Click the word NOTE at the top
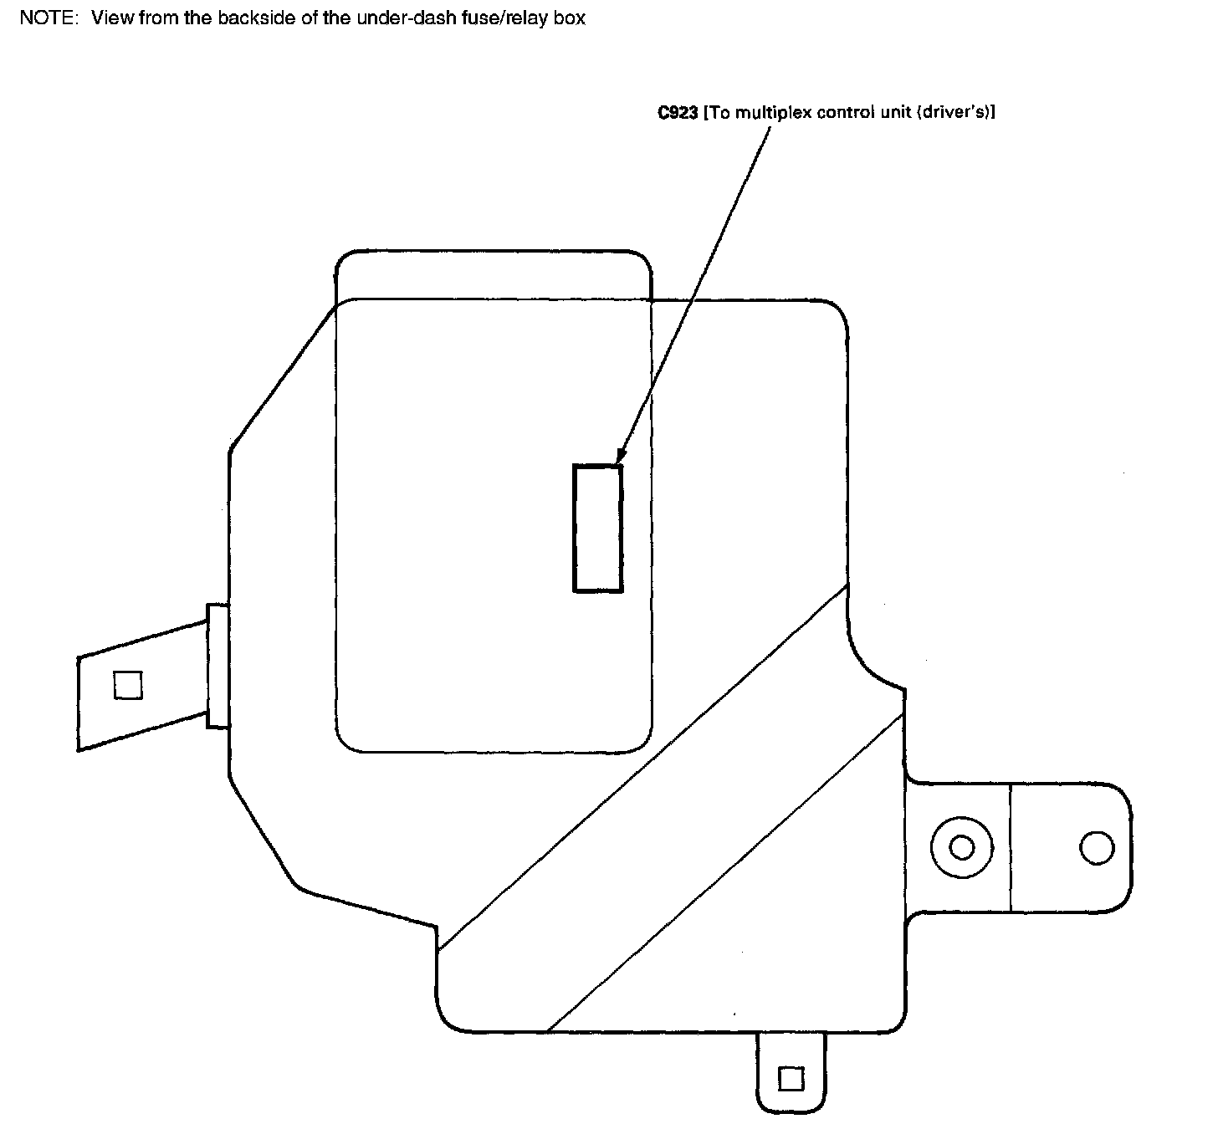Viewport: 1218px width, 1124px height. click(47, 18)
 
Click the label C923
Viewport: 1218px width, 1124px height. click(677, 113)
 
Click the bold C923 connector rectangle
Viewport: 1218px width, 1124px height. click(597, 528)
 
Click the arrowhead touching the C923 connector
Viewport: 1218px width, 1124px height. click(618, 457)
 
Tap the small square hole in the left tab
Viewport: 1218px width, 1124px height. click(128, 685)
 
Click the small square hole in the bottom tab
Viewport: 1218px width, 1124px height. click(791, 1078)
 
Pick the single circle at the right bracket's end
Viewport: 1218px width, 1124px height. click(1096, 847)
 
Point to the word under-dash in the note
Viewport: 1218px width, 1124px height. click(392, 18)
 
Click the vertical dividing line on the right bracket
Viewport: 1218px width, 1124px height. click(1011, 847)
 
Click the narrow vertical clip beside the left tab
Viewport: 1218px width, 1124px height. click(217, 666)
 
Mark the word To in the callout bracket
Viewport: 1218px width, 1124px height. click(719, 113)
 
